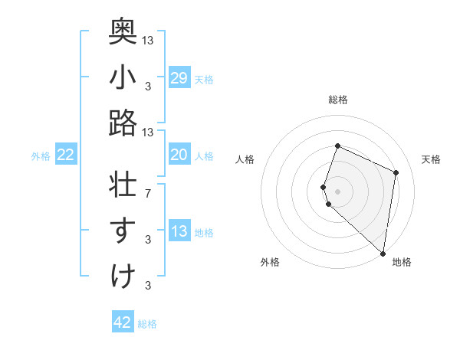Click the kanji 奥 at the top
123,30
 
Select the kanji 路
123,123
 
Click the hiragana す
123,231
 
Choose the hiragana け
123,277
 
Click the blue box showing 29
179,78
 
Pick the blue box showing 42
123,322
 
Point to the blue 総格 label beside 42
147,324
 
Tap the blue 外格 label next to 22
41,156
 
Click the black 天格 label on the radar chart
431,159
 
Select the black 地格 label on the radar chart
402,262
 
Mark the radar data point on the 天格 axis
396,172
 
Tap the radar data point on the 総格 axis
337,146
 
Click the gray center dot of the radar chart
337,191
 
